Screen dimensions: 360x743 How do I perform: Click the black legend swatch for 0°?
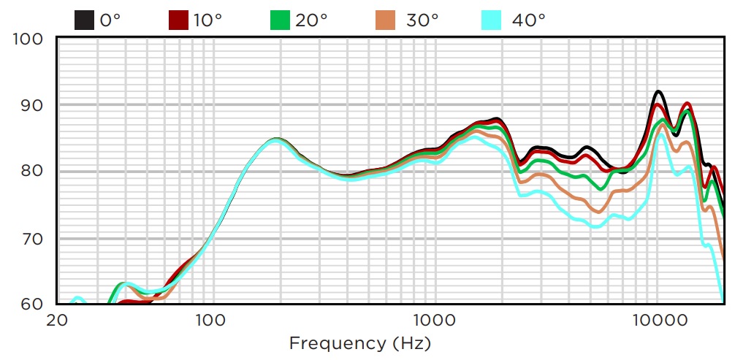[x=84, y=20]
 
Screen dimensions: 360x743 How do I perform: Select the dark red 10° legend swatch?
[x=178, y=20]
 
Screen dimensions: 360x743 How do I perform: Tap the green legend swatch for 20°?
[x=281, y=20]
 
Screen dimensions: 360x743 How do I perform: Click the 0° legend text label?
[x=110, y=20]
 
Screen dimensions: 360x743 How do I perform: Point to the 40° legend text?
[x=528, y=20]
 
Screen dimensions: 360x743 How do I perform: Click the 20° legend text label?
[x=311, y=20]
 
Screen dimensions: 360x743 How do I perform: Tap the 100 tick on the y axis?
[x=28, y=39]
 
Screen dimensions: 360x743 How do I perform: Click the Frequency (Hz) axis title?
[x=360, y=342]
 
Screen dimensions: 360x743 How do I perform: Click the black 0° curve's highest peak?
[x=658, y=91]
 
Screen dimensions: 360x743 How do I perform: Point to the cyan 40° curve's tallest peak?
[x=661, y=134]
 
